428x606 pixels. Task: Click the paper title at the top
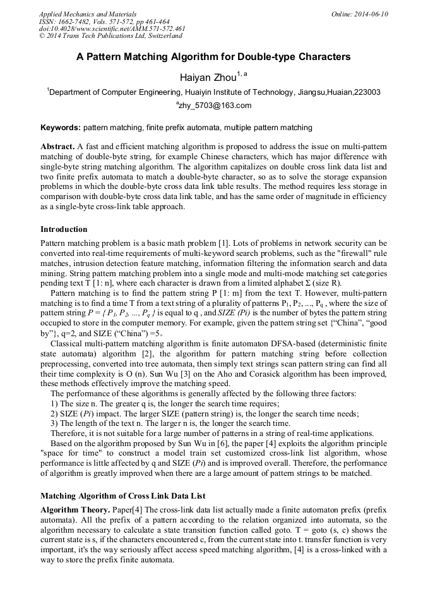pyautogui.click(x=213, y=57)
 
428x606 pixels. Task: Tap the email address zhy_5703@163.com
pyautogui.click(x=215, y=106)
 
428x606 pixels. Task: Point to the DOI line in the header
pyautogui.click(x=112, y=28)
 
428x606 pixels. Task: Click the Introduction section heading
pyautogui.click(x=64, y=229)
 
